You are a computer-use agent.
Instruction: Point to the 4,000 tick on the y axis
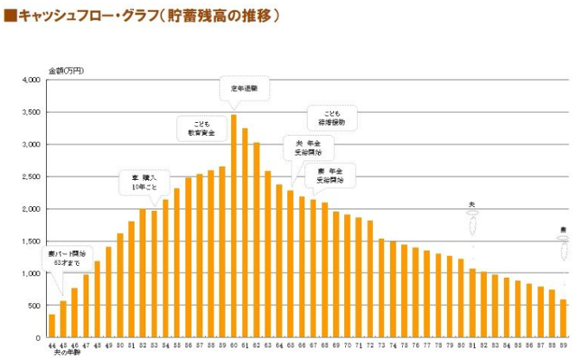(x=30, y=80)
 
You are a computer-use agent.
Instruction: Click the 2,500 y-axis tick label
(x=30, y=177)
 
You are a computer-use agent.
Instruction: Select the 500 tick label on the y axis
(x=35, y=305)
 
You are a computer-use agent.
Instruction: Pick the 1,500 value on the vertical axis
(x=30, y=241)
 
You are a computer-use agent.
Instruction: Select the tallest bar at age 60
(x=233, y=226)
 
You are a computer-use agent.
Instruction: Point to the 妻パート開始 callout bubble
(x=67, y=259)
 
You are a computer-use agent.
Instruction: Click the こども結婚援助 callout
(x=332, y=118)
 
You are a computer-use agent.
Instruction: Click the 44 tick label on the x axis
(x=52, y=344)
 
